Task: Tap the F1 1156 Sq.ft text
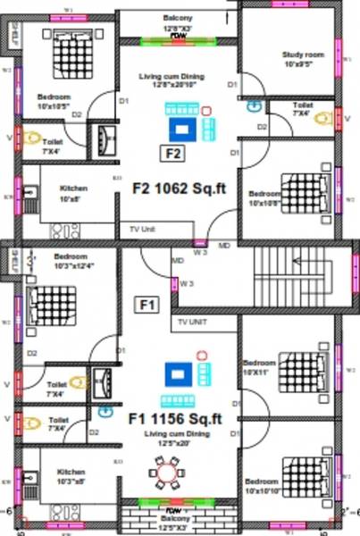tap(174, 417)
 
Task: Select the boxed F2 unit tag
tap(172, 152)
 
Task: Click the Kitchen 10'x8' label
tap(73, 193)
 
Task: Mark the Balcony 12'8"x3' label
tap(176, 22)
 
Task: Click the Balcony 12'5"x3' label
tap(174, 522)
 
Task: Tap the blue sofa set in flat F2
tap(187, 124)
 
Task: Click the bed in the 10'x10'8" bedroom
tap(306, 188)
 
